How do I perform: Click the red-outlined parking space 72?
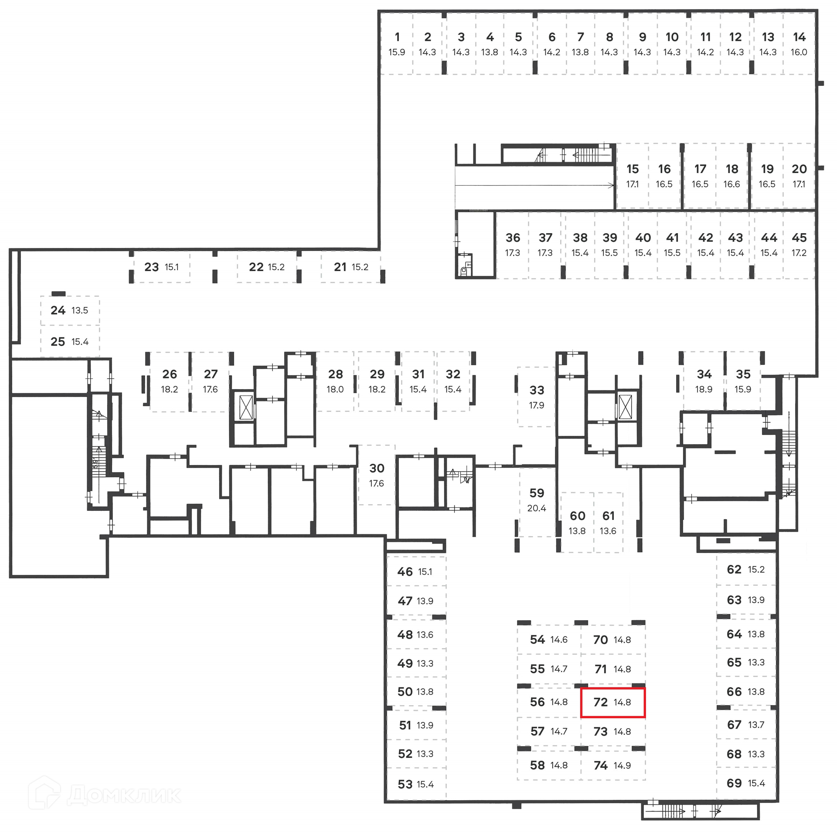click(x=612, y=702)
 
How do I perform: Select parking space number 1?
click(x=397, y=44)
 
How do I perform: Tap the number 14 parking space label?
click(x=799, y=37)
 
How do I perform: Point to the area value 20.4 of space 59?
click(x=537, y=508)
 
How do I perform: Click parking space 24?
click(x=70, y=310)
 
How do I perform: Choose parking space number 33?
click(x=537, y=396)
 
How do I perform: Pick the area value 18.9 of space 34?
click(x=704, y=389)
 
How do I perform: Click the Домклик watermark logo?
click(x=105, y=794)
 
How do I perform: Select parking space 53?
click(x=416, y=784)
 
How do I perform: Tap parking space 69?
click(x=746, y=783)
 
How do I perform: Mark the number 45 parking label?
click(x=799, y=238)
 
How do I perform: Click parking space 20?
click(x=799, y=176)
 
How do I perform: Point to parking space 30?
click(x=377, y=475)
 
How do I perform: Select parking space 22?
click(x=266, y=267)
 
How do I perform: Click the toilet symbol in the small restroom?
click(x=464, y=270)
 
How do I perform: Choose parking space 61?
click(x=608, y=523)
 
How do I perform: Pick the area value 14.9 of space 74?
click(x=622, y=765)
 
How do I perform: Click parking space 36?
click(x=513, y=245)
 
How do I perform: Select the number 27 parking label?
click(x=211, y=374)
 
